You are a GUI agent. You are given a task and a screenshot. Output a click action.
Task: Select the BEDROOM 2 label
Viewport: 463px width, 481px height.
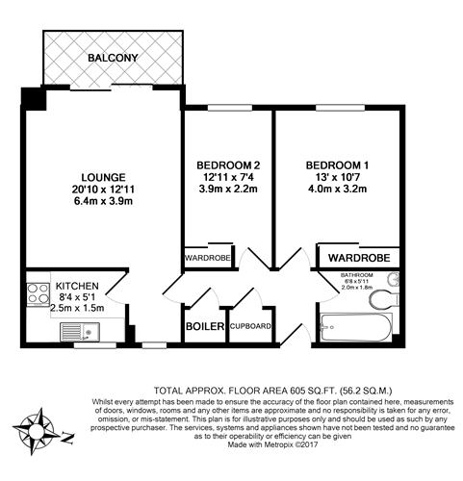[x=228, y=165]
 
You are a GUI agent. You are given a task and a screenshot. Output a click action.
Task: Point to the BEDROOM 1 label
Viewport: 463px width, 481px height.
[x=339, y=165]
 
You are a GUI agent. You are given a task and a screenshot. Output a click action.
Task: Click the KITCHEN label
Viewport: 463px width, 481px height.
[x=76, y=286]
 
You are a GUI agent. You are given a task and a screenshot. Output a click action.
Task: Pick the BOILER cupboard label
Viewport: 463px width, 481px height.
[x=204, y=327]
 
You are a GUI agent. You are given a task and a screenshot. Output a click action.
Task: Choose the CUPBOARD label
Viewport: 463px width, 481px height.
[x=250, y=327]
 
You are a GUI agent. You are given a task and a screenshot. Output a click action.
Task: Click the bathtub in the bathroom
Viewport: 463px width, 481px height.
[x=355, y=326]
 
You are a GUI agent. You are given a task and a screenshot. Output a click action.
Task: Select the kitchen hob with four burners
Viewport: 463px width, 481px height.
[x=39, y=292]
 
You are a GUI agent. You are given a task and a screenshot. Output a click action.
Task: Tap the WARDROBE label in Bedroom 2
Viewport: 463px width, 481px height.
[x=208, y=258]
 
